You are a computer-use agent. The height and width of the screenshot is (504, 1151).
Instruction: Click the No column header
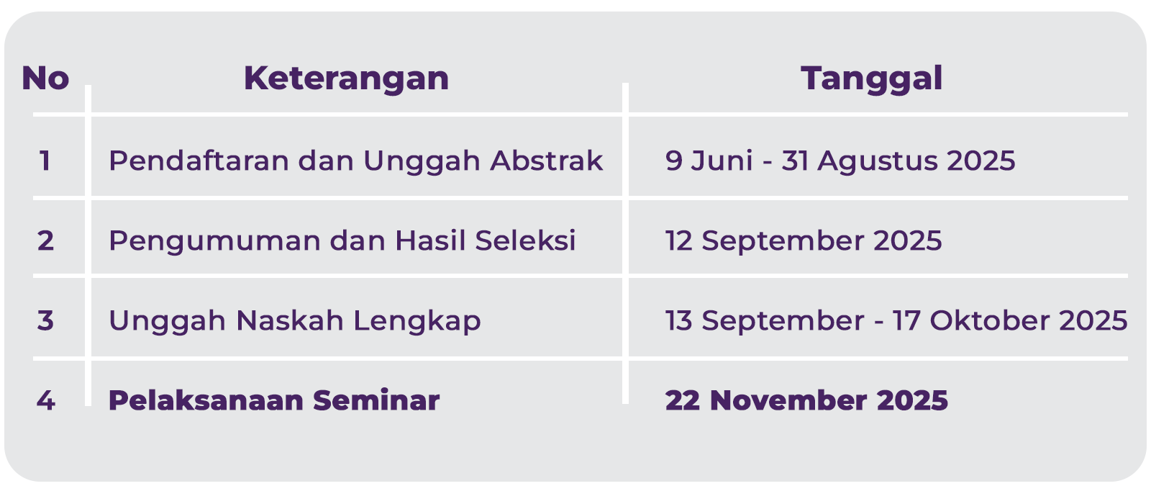[45, 78]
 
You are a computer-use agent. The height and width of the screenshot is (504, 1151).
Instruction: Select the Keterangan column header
[346, 78]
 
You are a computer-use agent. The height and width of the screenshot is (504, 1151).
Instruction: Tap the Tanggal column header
[871, 79]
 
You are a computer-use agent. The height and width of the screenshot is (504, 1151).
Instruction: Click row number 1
[45, 161]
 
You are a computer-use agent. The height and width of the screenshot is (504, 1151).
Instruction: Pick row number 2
[45, 240]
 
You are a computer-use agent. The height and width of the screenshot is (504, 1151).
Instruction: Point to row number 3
[45, 320]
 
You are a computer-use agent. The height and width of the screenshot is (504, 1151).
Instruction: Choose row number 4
[46, 400]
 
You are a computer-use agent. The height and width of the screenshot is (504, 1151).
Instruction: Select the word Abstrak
[546, 161]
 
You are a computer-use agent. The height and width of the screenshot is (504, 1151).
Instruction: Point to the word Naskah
[289, 320]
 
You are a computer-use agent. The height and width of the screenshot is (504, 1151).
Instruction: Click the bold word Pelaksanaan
[206, 400]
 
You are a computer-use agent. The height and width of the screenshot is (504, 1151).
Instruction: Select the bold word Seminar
[376, 400]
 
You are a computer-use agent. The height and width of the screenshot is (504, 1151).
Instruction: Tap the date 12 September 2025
[804, 241]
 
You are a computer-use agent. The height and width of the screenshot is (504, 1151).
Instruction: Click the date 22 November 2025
[806, 400]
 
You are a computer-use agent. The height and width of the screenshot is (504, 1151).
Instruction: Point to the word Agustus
[876, 161]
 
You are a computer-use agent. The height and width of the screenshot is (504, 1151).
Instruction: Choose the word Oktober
[990, 320]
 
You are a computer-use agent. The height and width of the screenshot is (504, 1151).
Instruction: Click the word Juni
[722, 161]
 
